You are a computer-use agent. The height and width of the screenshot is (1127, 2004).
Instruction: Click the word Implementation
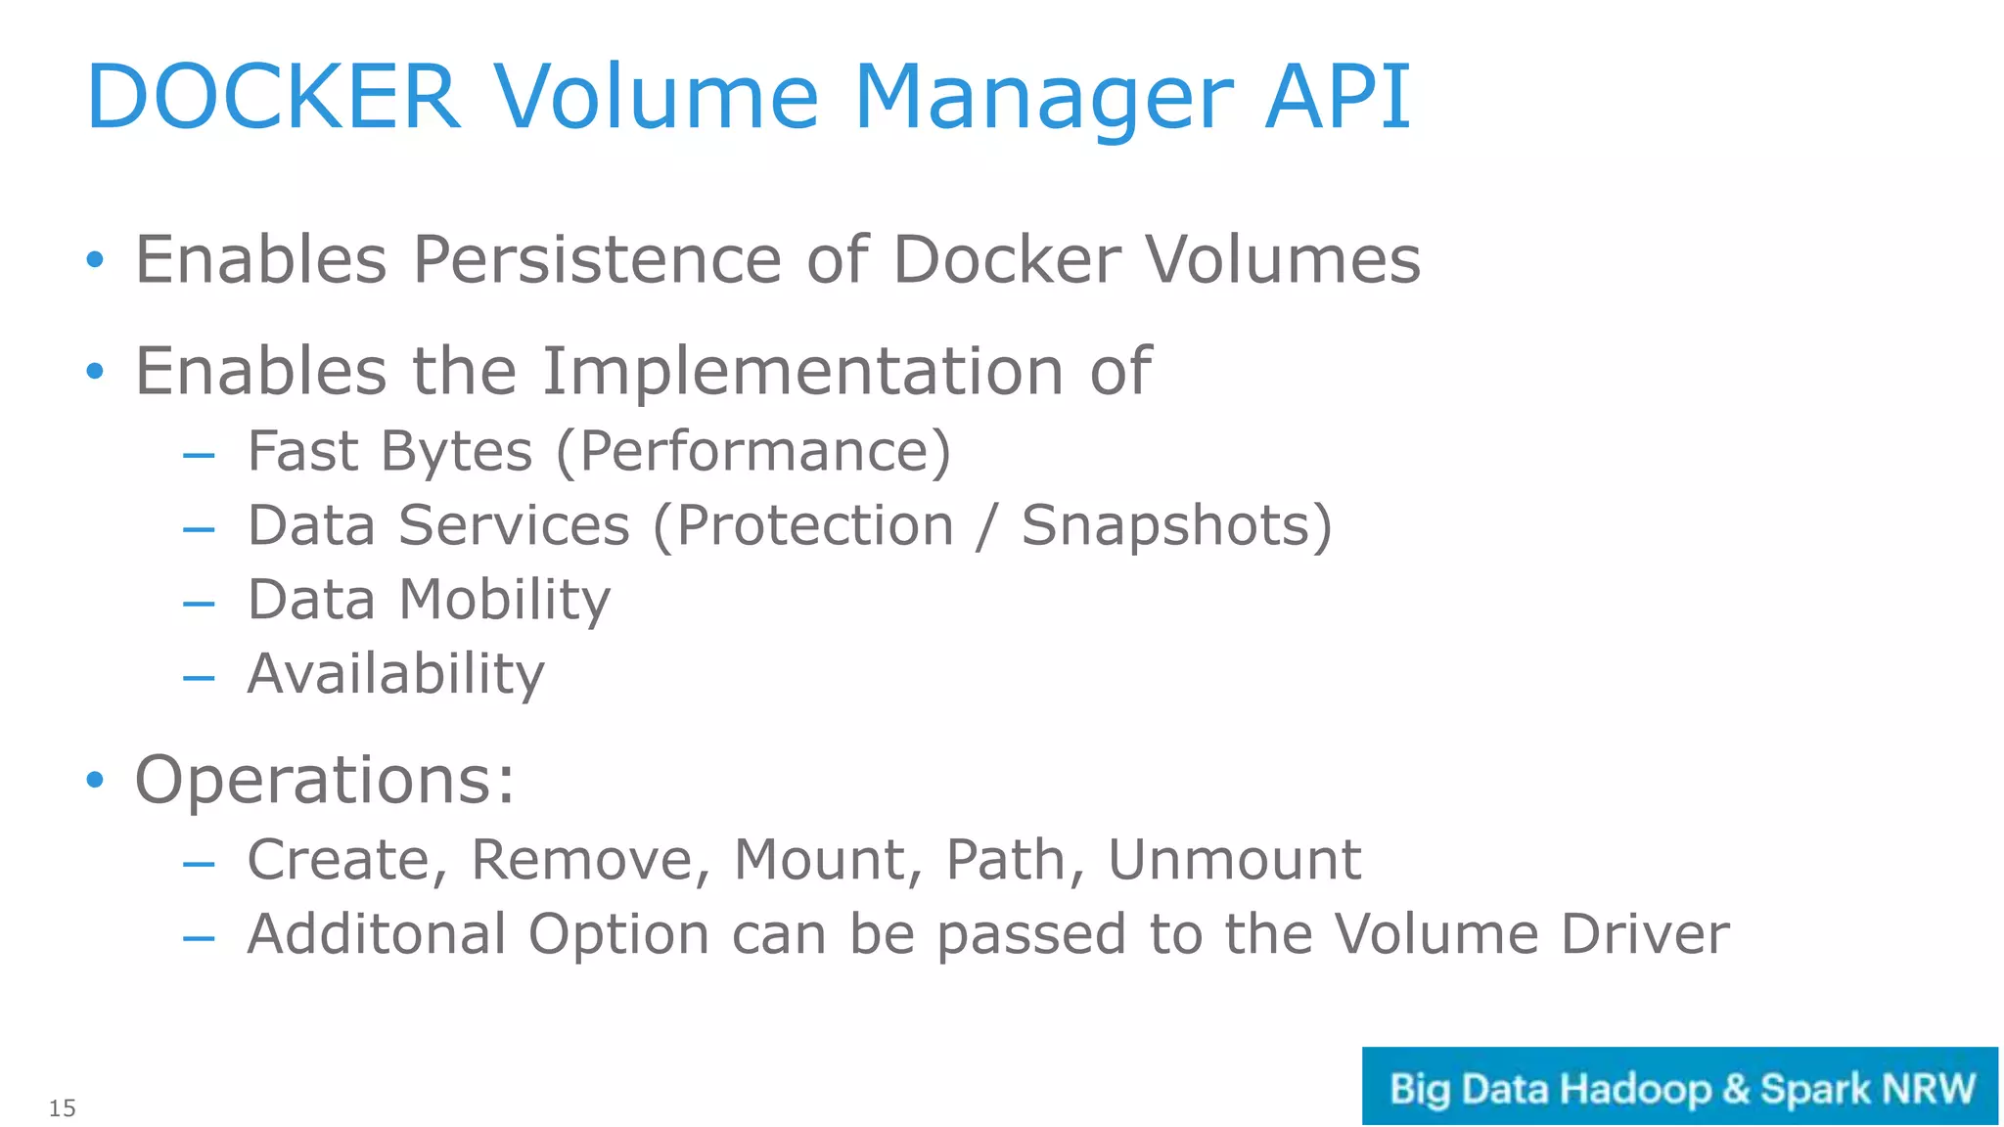click(802, 372)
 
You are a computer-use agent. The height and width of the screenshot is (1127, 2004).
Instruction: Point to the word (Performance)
click(753, 452)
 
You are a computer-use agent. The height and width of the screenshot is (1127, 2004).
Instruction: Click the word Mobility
click(505, 600)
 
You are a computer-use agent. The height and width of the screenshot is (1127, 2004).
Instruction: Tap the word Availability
click(395, 674)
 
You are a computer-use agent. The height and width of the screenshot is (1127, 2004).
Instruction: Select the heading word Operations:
click(324, 780)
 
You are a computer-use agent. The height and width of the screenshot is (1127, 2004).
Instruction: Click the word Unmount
click(1234, 860)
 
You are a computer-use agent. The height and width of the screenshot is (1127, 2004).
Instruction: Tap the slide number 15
click(62, 1108)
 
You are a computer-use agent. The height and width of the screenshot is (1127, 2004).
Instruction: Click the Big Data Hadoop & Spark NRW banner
click(1679, 1087)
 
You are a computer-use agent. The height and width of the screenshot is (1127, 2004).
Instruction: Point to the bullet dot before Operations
click(94, 780)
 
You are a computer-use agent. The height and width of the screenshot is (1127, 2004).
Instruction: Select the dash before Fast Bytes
click(199, 455)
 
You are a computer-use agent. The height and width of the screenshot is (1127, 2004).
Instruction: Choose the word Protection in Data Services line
click(814, 526)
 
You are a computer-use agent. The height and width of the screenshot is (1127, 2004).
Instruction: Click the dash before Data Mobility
click(199, 604)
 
